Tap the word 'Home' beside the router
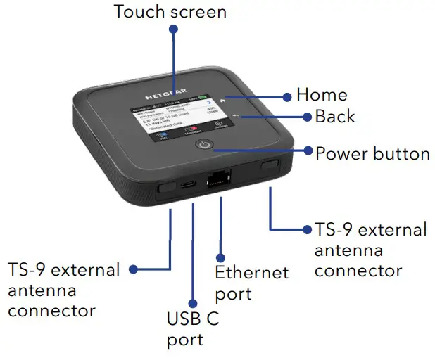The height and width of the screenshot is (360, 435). (x=322, y=94)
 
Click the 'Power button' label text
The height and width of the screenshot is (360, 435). (x=372, y=153)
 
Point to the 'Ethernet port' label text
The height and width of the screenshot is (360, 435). (x=252, y=282)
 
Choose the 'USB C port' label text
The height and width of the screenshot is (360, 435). (x=193, y=329)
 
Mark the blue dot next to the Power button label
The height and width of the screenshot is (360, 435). (x=306, y=150)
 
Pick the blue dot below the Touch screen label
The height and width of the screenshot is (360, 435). (x=173, y=30)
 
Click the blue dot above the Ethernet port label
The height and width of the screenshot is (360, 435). (x=220, y=258)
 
